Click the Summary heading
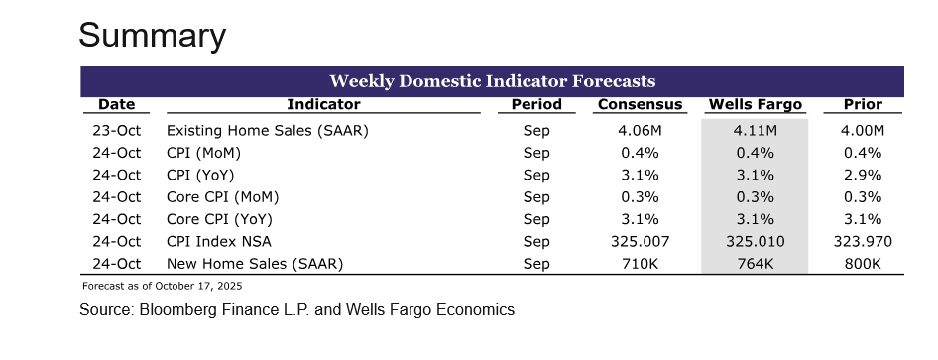pyautogui.click(x=152, y=36)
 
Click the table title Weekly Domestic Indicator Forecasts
pyautogui.click(x=492, y=80)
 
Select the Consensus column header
pyautogui.click(x=640, y=104)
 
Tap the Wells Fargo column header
pyautogui.click(x=755, y=104)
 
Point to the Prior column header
pyautogui.click(x=862, y=104)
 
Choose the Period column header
pyautogui.click(x=536, y=104)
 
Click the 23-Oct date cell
pyautogui.click(x=116, y=131)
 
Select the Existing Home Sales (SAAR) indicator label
pyautogui.click(x=259, y=131)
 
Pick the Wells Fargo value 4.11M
pyautogui.click(x=755, y=131)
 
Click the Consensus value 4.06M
pyautogui.click(x=640, y=131)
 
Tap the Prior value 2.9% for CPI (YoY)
pyautogui.click(x=862, y=175)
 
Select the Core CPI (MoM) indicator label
pyautogui.click(x=218, y=197)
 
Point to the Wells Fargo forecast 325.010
pyautogui.click(x=755, y=241)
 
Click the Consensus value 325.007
pyautogui.click(x=640, y=241)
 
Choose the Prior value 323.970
pyautogui.click(x=862, y=241)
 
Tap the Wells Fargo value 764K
pyautogui.click(x=755, y=263)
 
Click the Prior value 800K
pyautogui.click(x=862, y=263)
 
